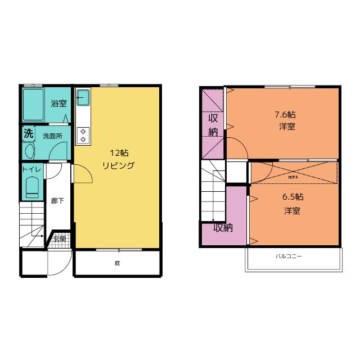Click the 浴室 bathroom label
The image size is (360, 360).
58,103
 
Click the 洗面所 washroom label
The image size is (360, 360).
52,136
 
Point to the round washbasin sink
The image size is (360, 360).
29,151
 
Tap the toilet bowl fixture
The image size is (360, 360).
31,186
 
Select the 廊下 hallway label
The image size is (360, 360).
57,201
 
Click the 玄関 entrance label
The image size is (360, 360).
59,238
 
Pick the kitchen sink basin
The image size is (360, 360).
83,98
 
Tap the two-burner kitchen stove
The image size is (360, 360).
83,134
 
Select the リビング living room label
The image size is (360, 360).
118,165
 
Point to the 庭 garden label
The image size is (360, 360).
118,263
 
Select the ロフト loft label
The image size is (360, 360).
293,176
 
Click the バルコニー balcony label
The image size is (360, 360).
289,256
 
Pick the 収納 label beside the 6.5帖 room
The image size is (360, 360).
223,228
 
